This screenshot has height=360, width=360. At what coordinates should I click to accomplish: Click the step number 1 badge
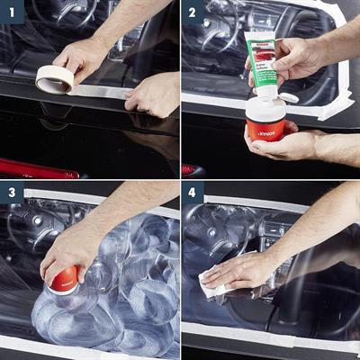click(x=12, y=12)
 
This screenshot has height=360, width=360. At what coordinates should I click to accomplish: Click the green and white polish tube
click(x=264, y=61)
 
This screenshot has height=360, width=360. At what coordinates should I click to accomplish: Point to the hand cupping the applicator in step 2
click(x=288, y=144)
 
